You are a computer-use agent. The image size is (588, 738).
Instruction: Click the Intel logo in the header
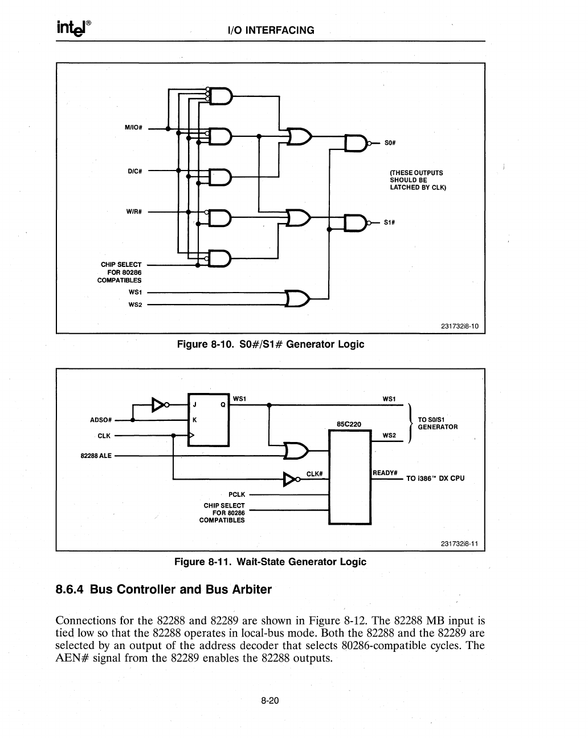coord(73,27)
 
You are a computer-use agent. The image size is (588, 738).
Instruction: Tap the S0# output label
coord(390,143)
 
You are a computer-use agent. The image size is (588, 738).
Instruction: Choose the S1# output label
coord(390,222)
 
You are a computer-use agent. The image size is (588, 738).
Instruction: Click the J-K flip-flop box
coord(208,420)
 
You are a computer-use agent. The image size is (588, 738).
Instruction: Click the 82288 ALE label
coord(96,456)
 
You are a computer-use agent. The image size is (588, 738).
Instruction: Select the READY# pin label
coord(385,473)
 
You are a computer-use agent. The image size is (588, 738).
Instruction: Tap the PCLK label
coord(236,494)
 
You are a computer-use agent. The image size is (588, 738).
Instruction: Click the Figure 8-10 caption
coord(270,344)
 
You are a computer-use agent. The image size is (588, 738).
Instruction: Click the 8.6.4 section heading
coord(164,589)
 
